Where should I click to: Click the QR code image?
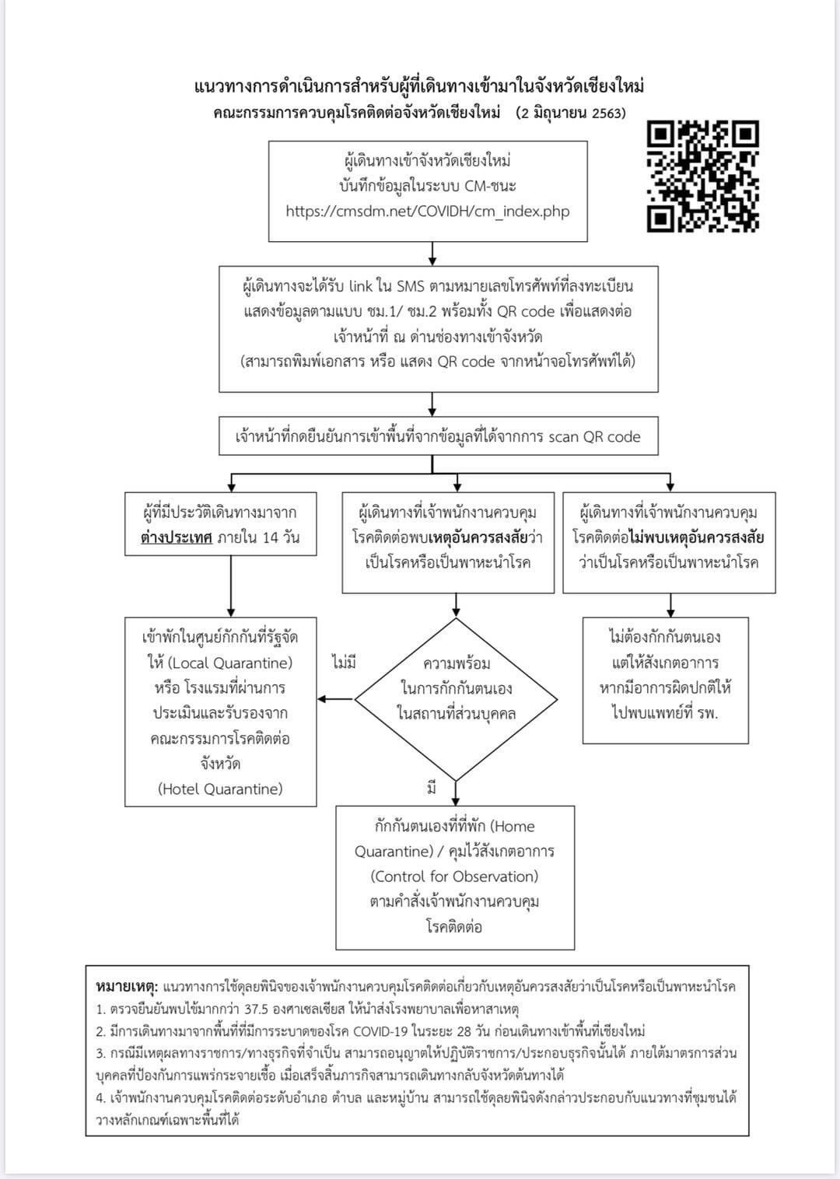[x=702, y=177]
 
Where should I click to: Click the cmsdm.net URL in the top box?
[x=427, y=212]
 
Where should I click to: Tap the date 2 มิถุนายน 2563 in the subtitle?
[x=571, y=114]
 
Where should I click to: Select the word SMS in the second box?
[x=411, y=286]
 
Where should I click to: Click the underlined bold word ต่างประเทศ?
[x=177, y=538]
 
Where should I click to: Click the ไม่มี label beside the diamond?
[x=344, y=662]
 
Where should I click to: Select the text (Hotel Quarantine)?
[x=220, y=789]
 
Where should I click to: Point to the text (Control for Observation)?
[x=454, y=876]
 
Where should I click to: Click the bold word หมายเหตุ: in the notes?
[x=127, y=986]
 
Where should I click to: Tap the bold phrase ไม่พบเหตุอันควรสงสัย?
[x=697, y=538]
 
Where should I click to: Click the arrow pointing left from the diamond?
[x=335, y=699]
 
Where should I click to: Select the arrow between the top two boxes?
[x=432, y=254]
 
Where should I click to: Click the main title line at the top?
[x=419, y=86]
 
